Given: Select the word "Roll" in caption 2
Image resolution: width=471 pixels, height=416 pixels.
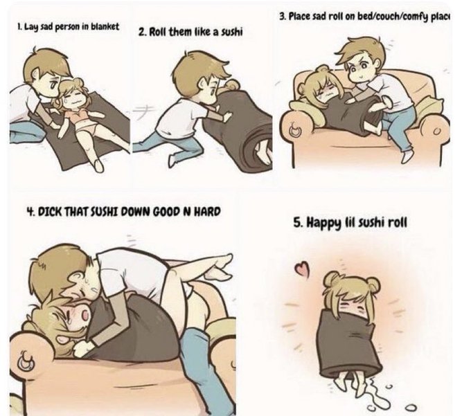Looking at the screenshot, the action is click(157, 32).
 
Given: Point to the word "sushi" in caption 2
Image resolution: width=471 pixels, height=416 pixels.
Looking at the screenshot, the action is click(231, 32).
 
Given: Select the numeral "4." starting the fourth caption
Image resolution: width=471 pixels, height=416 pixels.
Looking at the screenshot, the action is click(30, 212).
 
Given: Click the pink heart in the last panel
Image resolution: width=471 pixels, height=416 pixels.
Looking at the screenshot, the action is click(301, 268).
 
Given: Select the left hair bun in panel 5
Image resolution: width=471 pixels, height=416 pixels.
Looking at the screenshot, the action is click(332, 279).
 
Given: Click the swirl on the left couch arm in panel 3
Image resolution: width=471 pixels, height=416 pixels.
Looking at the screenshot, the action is click(296, 129).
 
